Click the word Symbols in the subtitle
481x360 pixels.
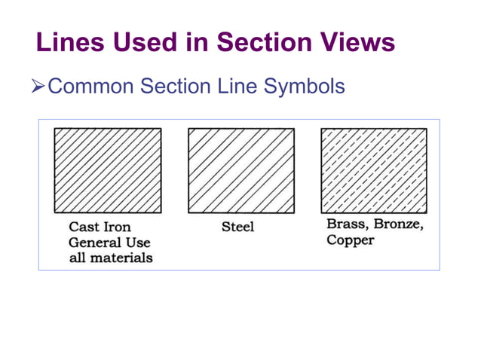pos(305,87)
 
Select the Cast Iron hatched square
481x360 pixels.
pos(108,170)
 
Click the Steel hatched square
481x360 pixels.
pos(240,170)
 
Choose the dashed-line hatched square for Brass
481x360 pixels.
pos(374,170)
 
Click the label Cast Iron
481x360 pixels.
pos(100,227)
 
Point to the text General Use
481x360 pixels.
pos(109,243)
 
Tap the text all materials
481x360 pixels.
pos(111,258)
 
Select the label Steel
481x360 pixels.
pos(237,227)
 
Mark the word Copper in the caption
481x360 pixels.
pos(350,241)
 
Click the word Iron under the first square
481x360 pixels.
pos(118,227)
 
